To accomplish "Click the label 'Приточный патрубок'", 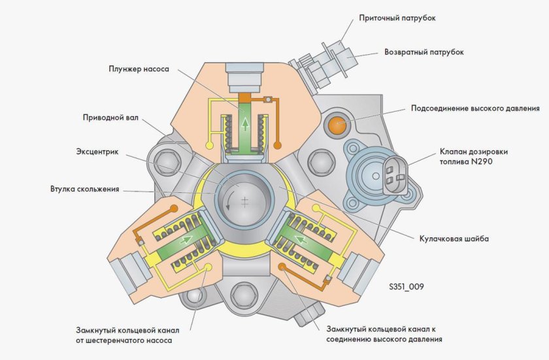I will pos(397,18).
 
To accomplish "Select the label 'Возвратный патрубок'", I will pos(424,52).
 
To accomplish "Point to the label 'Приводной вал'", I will pos(111,119).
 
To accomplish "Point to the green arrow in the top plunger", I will pos(244,123).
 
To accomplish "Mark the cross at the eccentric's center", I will pos(245,203).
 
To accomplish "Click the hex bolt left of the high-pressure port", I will pos(318,159).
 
